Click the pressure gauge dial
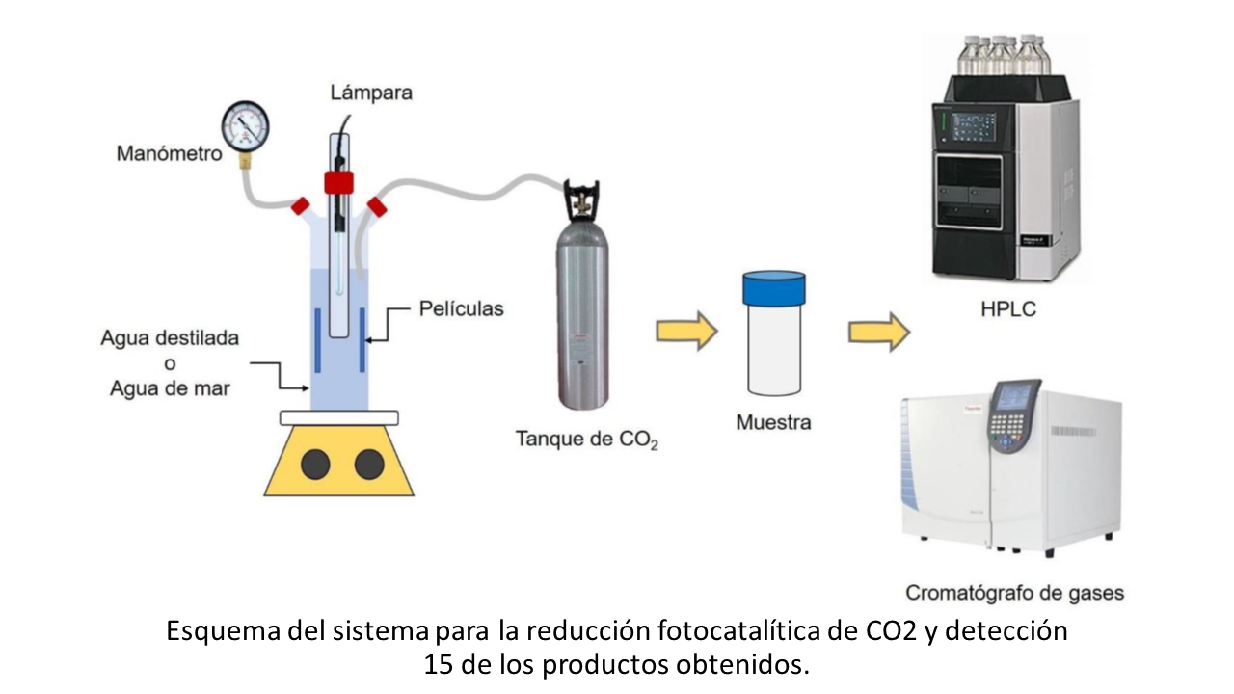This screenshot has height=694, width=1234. pos(245,126)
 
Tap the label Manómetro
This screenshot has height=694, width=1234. pos(169,153)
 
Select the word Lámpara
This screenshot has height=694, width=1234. pos(371,93)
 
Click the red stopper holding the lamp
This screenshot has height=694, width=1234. pos(338,183)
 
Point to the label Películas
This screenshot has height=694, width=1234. pos(462,308)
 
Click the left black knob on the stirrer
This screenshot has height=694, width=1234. pos(315,465)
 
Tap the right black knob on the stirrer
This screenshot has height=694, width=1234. pos(369,465)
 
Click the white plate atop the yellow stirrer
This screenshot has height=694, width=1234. pos(338,418)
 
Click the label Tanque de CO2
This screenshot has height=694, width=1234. pos(587,440)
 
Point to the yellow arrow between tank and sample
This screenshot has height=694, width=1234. pos(687,331)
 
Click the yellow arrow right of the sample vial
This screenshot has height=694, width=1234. pos(879,333)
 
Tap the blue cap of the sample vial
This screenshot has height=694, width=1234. pos(773,288)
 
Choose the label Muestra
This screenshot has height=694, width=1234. pos(773,422)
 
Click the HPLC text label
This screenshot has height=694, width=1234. pos(1008,309)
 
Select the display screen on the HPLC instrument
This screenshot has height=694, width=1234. pos(974,127)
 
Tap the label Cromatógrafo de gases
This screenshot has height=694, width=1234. pos(1015,593)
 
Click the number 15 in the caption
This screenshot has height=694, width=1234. pos(439,665)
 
